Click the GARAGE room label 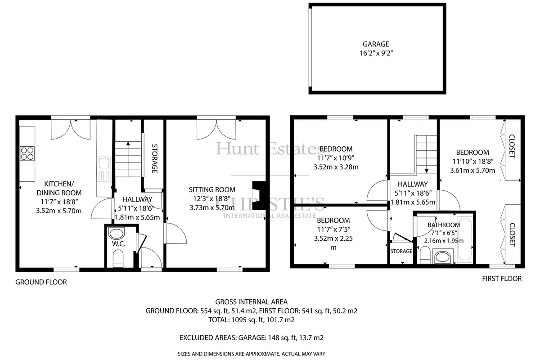click(x=376, y=44)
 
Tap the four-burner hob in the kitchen click(x=27, y=153)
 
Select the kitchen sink click(x=104, y=169)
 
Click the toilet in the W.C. click(x=118, y=258)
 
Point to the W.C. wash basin click(x=117, y=234)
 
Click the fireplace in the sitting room click(x=259, y=196)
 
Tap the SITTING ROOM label click(x=212, y=190)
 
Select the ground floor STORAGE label click(x=154, y=159)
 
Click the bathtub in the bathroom click(x=465, y=240)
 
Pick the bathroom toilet click(x=425, y=255)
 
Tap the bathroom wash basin click(x=443, y=257)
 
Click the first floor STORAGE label click(x=401, y=251)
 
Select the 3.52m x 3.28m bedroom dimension click(x=336, y=167)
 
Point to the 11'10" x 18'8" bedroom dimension click(x=472, y=161)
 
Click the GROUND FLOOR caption click(x=41, y=282)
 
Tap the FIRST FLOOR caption click(x=502, y=279)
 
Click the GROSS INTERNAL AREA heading click(x=251, y=301)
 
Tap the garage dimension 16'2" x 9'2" click(x=376, y=53)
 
